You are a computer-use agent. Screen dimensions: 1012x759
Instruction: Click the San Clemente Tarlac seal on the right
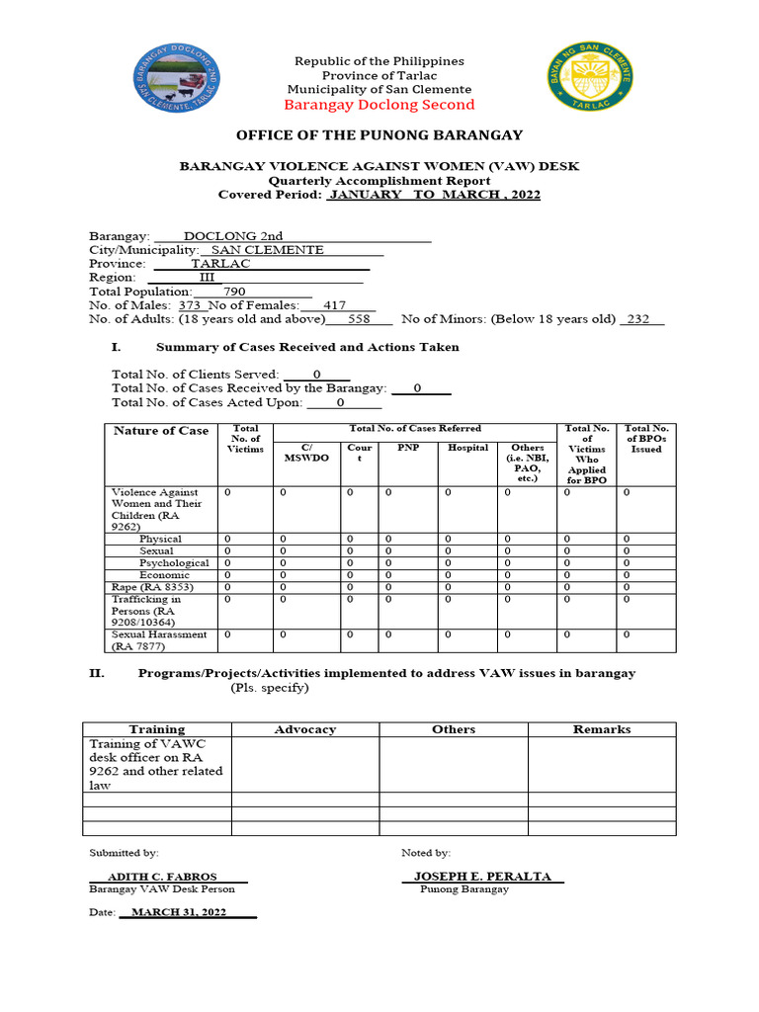(x=590, y=84)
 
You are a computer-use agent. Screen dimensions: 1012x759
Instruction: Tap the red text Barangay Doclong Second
(x=379, y=105)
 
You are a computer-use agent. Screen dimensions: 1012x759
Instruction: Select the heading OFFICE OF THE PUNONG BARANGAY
(x=379, y=135)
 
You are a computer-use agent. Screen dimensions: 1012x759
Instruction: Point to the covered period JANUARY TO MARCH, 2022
(x=435, y=195)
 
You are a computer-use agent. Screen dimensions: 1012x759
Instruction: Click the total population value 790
(x=234, y=292)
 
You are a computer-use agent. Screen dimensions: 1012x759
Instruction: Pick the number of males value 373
(x=189, y=305)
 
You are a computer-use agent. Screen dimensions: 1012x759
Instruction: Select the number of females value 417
(x=335, y=305)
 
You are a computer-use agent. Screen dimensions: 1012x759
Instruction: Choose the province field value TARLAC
(x=220, y=264)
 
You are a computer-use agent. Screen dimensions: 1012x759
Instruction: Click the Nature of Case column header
(x=161, y=431)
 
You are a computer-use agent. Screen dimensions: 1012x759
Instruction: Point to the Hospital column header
(x=467, y=448)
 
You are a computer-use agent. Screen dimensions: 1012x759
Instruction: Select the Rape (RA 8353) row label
(x=152, y=587)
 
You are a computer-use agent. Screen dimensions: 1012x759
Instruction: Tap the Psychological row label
(x=174, y=562)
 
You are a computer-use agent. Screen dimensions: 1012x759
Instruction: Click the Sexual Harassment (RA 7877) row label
(x=159, y=640)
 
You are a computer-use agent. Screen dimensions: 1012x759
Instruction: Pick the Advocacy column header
(x=304, y=729)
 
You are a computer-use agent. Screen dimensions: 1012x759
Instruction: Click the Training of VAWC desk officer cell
(x=156, y=764)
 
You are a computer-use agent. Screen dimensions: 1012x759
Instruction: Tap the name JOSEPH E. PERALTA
(x=482, y=877)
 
